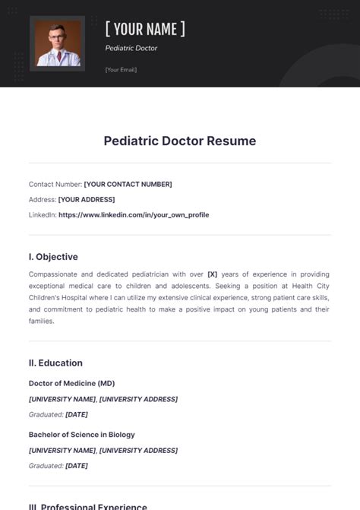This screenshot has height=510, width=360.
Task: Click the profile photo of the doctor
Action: click(57, 43)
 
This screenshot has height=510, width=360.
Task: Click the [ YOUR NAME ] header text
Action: click(145, 30)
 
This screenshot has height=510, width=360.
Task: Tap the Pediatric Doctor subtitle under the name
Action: click(131, 48)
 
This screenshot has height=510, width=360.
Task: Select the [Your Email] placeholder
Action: click(121, 70)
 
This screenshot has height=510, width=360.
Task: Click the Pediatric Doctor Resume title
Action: click(180, 141)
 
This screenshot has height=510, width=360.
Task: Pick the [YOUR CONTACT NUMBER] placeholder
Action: click(128, 184)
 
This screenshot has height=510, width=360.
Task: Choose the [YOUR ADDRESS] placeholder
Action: click(87, 199)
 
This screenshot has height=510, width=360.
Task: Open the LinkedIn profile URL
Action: click(134, 215)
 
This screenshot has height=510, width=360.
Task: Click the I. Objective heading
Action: click(53, 257)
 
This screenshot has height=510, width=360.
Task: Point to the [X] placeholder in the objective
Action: click(213, 274)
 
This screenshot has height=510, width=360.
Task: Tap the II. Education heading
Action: click(55, 363)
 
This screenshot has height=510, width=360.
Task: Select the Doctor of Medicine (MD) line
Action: click(71, 383)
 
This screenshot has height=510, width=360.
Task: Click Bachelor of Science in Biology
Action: click(82, 435)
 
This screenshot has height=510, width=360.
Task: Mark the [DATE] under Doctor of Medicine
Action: click(77, 414)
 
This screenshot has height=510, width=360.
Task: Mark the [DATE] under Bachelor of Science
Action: click(77, 466)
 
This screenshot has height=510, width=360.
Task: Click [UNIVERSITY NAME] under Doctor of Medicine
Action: click(62, 399)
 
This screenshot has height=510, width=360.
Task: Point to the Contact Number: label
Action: click(55, 184)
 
